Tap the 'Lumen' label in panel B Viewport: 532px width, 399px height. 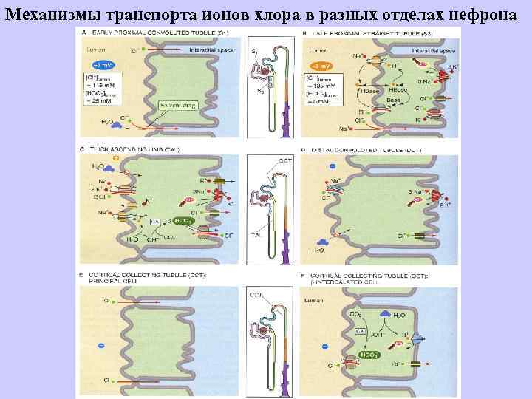pos(320,51)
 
